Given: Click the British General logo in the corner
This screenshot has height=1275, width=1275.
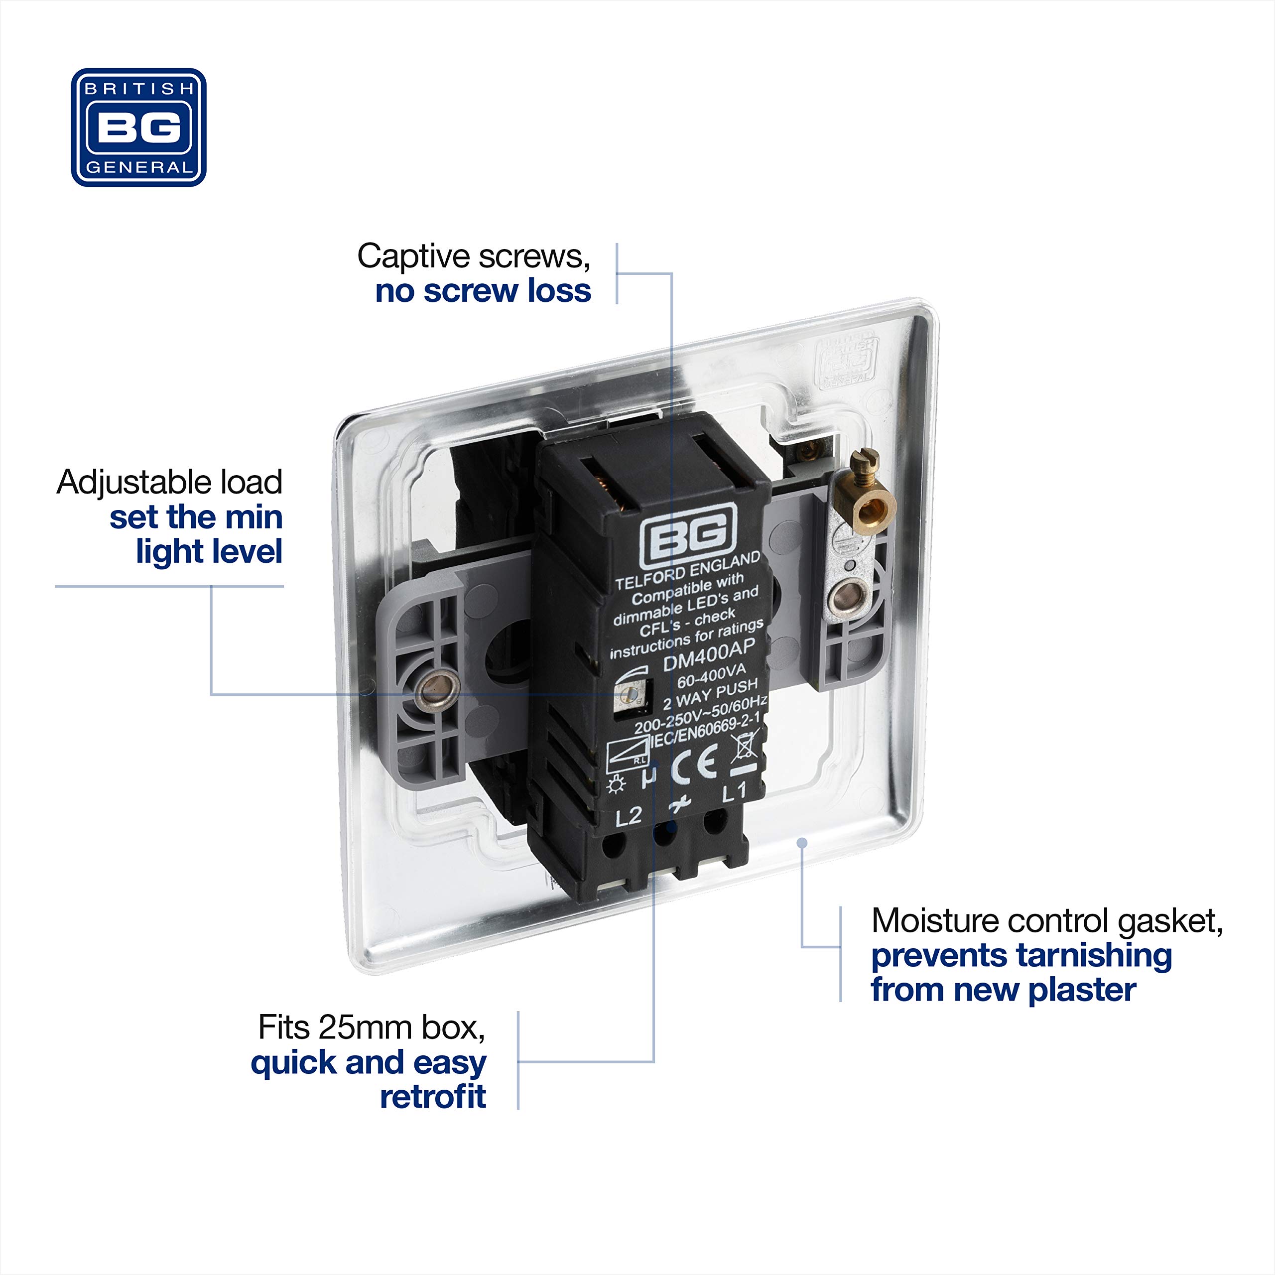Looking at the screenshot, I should point(138,127).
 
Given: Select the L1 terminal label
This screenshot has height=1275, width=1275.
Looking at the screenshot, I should point(734,792).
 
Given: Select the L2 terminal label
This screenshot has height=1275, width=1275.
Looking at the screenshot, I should point(628,816).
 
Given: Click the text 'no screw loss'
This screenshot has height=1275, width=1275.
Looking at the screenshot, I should point(483,291).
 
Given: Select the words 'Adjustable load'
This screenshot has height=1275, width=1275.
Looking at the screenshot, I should point(170,483).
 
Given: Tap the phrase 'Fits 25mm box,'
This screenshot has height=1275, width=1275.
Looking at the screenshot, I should point(372,1027).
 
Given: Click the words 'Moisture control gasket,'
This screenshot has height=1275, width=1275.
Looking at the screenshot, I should point(1047,921).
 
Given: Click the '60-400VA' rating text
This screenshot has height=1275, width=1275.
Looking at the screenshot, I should point(711,676).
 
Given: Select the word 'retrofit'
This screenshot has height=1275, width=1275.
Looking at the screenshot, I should point(433,1097).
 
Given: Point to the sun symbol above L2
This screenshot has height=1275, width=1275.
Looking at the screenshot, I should point(616,784).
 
